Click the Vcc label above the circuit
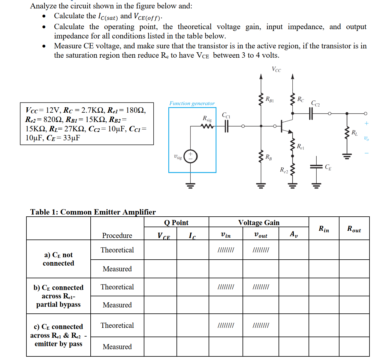276,69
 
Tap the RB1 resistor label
270,99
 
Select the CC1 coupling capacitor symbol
227,126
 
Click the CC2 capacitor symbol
311,114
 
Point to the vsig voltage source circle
190,157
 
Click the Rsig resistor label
207,119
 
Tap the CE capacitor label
328,167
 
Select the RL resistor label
354,133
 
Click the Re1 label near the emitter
300,147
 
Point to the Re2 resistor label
284,170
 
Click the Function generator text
192,103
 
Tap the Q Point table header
176,223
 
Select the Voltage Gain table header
259,223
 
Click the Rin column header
324,229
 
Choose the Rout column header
354,229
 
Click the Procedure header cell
117,236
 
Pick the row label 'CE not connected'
59,259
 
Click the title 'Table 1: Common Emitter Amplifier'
93,212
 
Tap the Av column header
294,234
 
